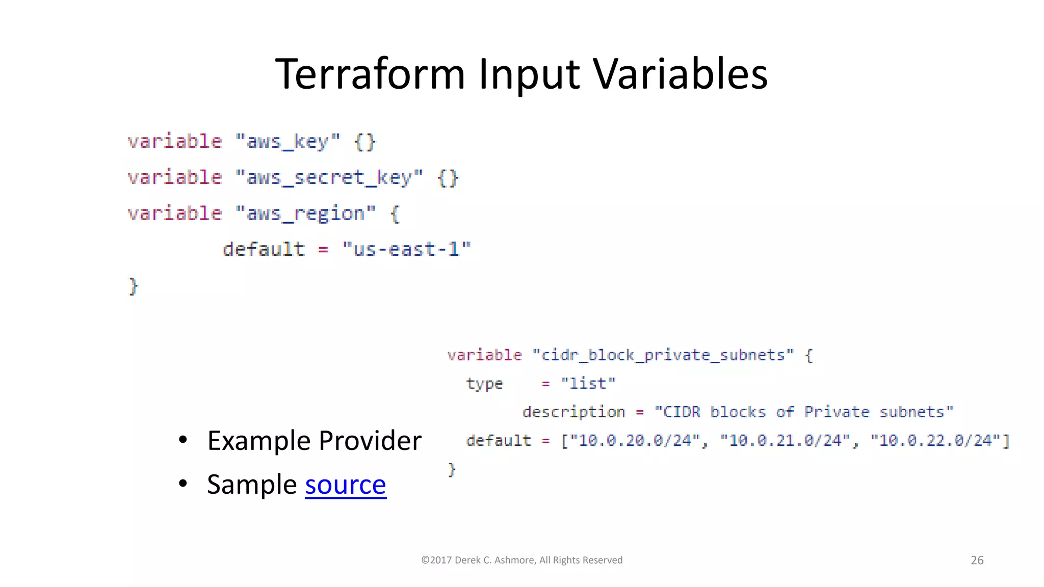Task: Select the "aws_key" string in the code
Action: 288,142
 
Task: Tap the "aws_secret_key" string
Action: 329,178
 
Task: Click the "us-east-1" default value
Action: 407,250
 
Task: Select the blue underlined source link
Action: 346,485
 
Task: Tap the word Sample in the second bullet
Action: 252,485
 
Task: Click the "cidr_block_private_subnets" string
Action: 663,355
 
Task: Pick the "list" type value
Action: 588,383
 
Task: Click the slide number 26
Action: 977,561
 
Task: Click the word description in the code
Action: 573,412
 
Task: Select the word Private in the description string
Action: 837,412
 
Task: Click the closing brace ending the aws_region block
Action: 133,286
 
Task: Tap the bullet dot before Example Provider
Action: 183,440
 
